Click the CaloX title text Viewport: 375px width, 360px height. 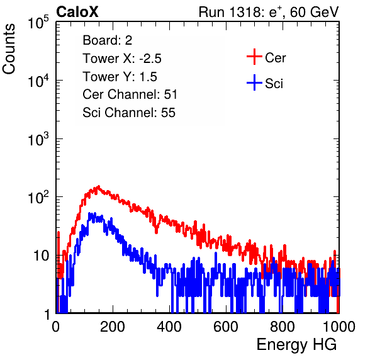coord(77,12)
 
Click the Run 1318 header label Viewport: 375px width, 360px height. coord(269,12)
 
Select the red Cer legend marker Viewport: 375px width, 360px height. coord(254,57)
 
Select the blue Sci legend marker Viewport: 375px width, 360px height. coord(254,83)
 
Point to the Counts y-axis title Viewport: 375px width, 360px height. coord(9,49)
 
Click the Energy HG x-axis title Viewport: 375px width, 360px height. coord(296,344)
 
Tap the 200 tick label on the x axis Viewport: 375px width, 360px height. coord(113,327)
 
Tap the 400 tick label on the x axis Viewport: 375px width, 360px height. coord(169,327)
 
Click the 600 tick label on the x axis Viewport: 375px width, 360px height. coord(226,327)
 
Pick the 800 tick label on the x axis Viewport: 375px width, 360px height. coord(283,327)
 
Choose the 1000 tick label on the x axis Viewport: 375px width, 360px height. coord(339,327)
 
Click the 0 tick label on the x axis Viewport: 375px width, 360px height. coord(56,327)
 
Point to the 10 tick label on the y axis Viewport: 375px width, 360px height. coord(42,256)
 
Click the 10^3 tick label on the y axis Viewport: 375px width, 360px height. coord(39,139)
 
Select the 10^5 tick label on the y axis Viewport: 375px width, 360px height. coord(39,23)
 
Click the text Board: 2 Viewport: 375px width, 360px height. coord(108,40)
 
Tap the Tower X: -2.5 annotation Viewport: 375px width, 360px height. coord(122,59)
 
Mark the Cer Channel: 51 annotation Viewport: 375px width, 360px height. coord(130,94)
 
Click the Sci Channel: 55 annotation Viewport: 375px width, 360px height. coord(129,113)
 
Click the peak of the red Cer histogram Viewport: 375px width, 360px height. coord(98,186)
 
